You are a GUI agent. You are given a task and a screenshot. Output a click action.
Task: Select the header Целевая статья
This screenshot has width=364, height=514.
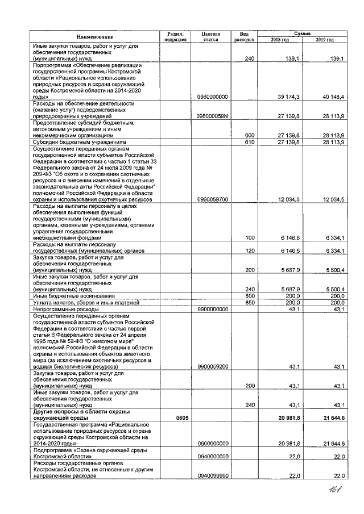tap(211, 37)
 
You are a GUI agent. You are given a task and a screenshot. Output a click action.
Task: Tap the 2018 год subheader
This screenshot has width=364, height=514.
tap(279, 40)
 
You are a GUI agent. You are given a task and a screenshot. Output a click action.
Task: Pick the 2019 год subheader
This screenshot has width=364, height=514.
tap(325, 40)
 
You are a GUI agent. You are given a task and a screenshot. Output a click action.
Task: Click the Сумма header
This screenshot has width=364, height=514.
tap(302, 34)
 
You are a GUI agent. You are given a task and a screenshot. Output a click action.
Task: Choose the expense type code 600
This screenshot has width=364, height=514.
tap(249, 135)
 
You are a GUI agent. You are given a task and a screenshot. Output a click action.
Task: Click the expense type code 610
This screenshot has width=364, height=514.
tap(249, 141)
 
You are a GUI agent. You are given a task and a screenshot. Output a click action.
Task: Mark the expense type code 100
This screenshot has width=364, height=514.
tap(249, 238)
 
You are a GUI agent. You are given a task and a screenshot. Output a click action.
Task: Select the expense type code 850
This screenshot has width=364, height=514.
tap(249, 303)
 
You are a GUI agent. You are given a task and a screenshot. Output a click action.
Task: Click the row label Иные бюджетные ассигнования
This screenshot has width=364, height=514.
tap(74, 296)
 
